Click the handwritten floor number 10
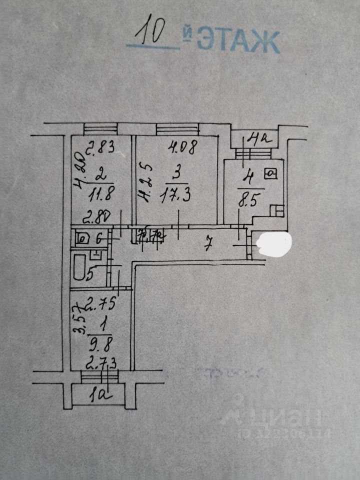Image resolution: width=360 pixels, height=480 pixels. [x=152, y=33]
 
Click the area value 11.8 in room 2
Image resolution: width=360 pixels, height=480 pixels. [x=100, y=191]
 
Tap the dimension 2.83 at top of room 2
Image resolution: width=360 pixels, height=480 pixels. [x=102, y=147]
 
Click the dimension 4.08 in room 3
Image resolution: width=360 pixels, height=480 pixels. [x=182, y=147]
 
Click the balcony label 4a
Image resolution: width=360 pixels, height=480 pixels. [x=259, y=138]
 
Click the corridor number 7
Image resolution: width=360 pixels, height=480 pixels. [x=210, y=244]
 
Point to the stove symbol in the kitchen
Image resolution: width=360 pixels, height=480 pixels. [x=271, y=174]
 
